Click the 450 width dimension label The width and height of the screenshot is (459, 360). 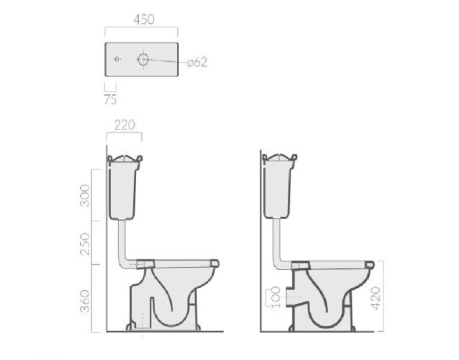click(x=144, y=19)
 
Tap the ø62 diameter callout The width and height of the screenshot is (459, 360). click(x=197, y=62)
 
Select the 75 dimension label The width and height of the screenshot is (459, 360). click(x=110, y=99)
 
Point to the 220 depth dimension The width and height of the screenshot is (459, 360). click(x=124, y=125)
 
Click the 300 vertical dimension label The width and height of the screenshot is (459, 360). click(x=85, y=195)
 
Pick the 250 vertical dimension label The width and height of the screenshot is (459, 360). click(x=85, y=243)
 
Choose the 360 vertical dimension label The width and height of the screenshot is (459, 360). click(x=85, y=301)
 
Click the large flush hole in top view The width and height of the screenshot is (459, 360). click(x=143, y=59)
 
